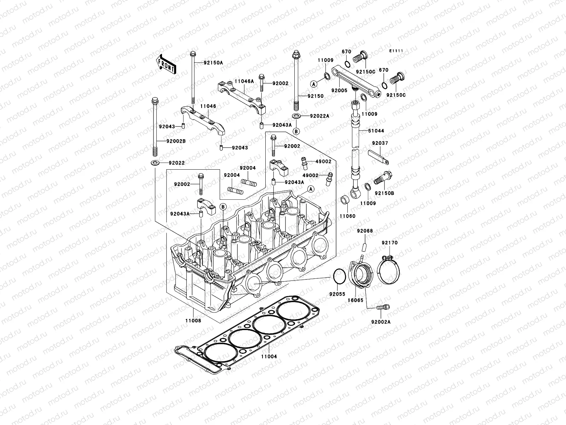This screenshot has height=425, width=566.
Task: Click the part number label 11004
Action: (270, 357)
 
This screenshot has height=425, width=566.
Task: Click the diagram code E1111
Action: (397, 51)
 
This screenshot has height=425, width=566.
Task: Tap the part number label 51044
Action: (376, 131)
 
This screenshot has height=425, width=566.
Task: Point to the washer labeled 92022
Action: (155, 163)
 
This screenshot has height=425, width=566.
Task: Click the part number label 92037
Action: (380, 143)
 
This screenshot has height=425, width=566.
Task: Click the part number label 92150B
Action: (385, 193)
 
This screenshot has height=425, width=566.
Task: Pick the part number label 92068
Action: (365, 231)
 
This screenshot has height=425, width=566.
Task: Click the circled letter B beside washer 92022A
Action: (296, 131)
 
